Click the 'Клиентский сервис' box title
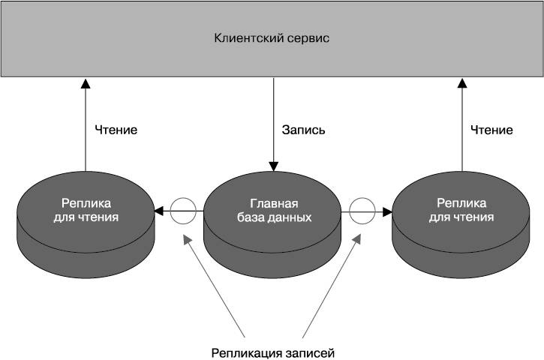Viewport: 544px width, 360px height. (272, 37)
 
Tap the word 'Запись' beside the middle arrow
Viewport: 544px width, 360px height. (303, 130)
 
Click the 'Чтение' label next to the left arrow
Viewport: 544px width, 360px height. (116, 130)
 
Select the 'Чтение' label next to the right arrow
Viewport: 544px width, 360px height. (491, 130)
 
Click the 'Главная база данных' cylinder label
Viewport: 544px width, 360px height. (275, 210)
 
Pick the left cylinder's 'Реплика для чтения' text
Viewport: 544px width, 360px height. (86, 210)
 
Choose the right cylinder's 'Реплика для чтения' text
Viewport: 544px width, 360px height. (461, 210)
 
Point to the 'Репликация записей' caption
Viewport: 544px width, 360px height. (273, 353)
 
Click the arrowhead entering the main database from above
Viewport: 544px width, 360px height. (274, 166)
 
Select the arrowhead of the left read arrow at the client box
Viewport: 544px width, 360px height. (86, 83)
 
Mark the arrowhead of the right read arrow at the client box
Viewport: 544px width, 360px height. (461, 83)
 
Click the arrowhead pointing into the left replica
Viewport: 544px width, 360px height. (158, 211)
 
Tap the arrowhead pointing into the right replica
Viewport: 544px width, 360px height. (387, 211)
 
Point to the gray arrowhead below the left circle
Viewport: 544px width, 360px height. (187, 240)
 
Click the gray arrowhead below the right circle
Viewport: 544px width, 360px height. (357, 239)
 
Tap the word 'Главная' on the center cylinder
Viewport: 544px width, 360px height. (274, 203)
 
